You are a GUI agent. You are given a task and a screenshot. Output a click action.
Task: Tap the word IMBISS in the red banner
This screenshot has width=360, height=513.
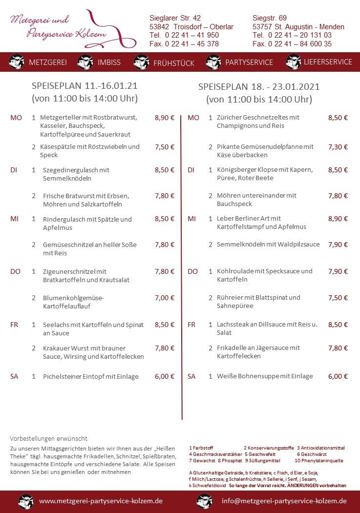pyautogui.click(x=109, y=62)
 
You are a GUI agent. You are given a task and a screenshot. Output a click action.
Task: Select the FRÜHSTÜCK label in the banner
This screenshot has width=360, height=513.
pyautogui.click(x=173, y=63)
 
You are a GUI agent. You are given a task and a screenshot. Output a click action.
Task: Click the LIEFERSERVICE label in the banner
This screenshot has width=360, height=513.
pyautogui.click(x=328, y=62)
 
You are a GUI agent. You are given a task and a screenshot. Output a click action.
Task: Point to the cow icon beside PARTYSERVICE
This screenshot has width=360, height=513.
pyautogui.click(x=213, y=62)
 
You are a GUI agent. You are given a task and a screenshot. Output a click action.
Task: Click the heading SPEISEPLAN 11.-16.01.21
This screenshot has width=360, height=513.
pyautogui.click(x=85, y=86)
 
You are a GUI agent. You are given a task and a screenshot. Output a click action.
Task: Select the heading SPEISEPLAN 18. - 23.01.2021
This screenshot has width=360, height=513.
pyautogui.click(x=259, y=87)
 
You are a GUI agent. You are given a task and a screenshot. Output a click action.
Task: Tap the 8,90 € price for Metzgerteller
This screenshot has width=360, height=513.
pyautogui.click(x=165, y=118)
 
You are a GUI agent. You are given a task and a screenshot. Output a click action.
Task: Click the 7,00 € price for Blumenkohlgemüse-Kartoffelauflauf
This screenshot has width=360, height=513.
pyautogui.click(x=165, y=298)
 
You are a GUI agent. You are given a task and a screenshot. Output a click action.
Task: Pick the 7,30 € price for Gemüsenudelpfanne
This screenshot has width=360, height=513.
pyautogui.click(x=338, y=146)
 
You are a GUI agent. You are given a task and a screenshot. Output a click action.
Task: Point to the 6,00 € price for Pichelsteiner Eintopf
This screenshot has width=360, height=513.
pyautogui.click(x=165, y=376)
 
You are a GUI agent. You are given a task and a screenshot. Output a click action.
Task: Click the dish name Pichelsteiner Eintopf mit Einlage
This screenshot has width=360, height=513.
pyautogui.click(x=91, y=376)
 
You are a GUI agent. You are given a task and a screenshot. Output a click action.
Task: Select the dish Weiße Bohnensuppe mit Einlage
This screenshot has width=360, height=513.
pyautogui.click(x=265, y=376)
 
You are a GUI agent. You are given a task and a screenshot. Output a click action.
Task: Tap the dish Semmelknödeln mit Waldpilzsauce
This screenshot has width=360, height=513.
pyautogui.click(x=268, y=244)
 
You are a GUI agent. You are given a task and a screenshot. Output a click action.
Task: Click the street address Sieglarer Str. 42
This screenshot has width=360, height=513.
pyautogui.click(x=175, y=18)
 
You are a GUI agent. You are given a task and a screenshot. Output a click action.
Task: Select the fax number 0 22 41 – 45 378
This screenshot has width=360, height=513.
pyautogui.click(x=184, y=44)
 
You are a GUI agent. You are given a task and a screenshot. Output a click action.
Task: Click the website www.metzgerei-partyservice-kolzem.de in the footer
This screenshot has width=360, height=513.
pyautogui.click(x=101, y=501)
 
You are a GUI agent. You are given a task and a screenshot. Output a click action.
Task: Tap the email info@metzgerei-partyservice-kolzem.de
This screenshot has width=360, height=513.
pyautogui.click(x=284, y=501)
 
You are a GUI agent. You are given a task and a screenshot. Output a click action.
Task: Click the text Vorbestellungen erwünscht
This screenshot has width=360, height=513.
pyautogui.click(x=48, y=438)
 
